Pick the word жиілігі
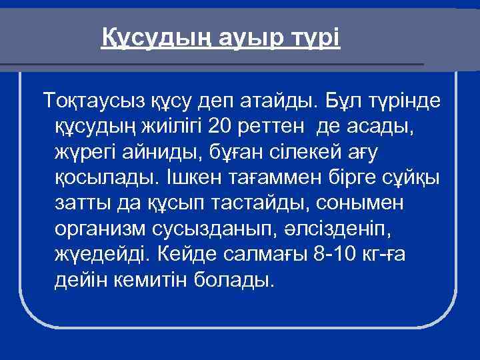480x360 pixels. click(x=171, y=125)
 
